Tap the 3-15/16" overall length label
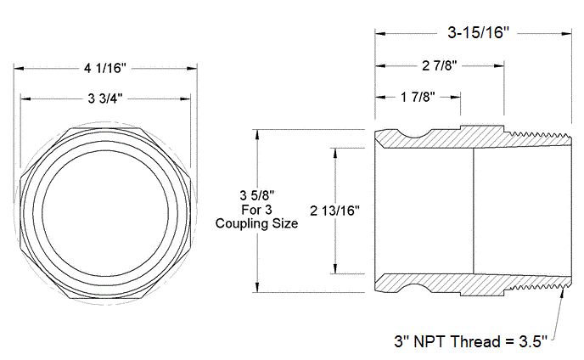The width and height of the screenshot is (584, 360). click(476, 34)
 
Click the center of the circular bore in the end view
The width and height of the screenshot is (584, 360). click(106, 211)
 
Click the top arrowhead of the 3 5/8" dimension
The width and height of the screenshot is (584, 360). click(257, 133)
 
